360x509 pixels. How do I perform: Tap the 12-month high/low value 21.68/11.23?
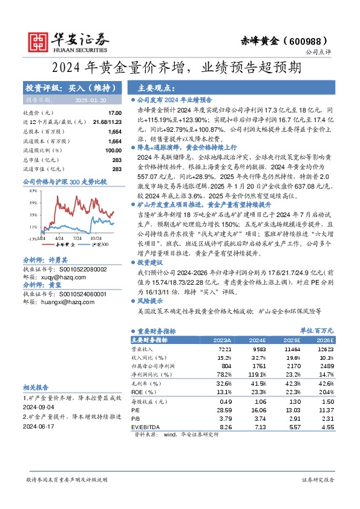108,122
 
